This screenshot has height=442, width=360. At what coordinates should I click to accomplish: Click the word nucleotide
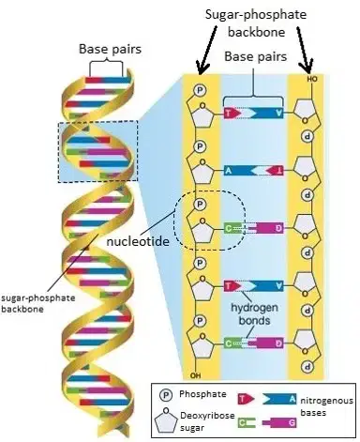(x=138, y=241)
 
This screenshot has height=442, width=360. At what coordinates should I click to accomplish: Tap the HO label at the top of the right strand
(x=311, y=79)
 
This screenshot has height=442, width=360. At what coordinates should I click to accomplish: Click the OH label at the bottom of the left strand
(x=195, y=375)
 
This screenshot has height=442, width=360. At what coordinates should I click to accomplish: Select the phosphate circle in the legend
(x=166, y=395)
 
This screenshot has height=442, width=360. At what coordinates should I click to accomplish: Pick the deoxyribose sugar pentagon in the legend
(x=166, y=419)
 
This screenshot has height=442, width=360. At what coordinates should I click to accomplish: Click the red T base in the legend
(x=246, y=399)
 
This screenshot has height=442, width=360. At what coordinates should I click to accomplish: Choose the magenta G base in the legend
(x=279, y=423)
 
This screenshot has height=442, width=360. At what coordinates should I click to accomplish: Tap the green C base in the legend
(x=247, y=423)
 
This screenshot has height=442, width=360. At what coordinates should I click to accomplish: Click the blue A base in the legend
(x=279, y=399)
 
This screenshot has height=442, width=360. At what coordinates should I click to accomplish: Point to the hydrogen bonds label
(x=254, y=313)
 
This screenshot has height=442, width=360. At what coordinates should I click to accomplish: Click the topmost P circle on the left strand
(x=200, y=90)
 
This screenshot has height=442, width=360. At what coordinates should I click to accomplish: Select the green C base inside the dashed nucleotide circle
(x=232, y=229)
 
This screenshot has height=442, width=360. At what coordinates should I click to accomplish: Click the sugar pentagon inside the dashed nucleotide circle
(x=202, y=231)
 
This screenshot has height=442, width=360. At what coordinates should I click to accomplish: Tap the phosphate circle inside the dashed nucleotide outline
(x=200, y=205)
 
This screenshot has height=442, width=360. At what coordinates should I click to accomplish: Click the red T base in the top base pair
(x=232, y=114)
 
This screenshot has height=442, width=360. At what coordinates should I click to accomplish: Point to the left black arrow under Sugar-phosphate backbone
(x=206, y=50)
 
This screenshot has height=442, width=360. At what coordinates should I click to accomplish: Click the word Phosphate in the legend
(x=202, y=394)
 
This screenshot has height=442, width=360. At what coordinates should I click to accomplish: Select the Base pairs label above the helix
(x=110, y=49)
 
